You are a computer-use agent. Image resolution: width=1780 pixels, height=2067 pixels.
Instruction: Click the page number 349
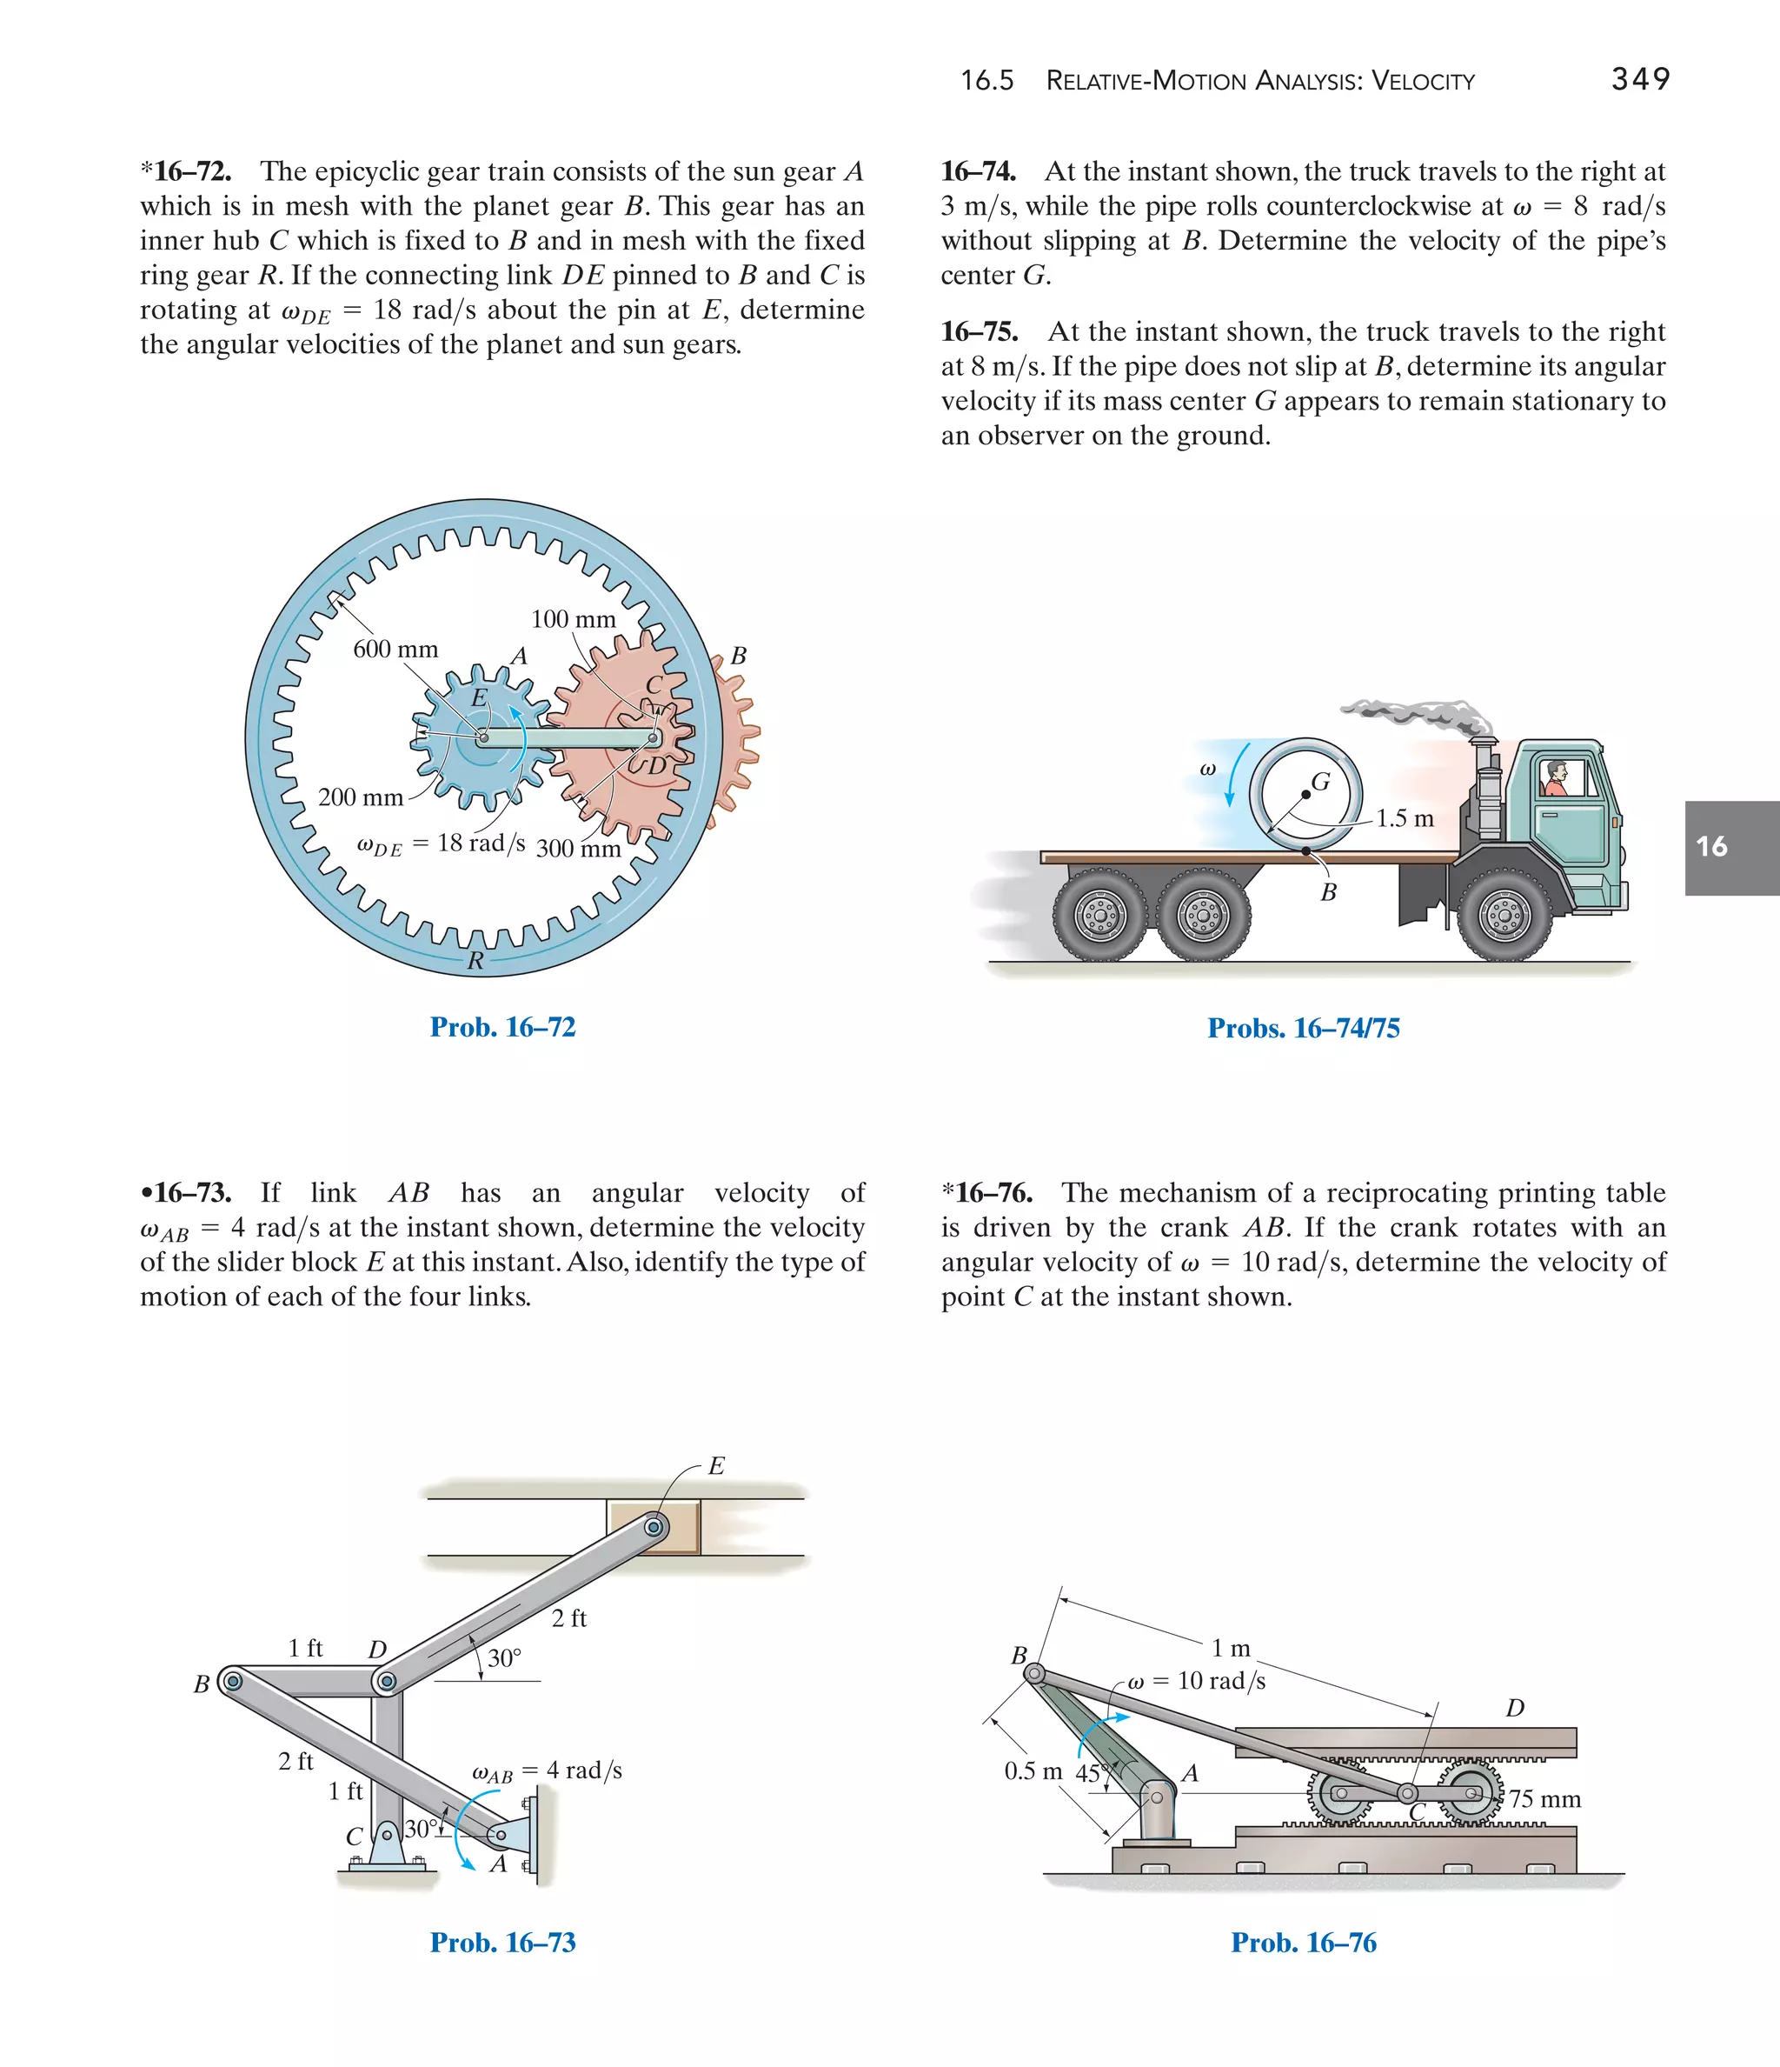tap(1640, 79)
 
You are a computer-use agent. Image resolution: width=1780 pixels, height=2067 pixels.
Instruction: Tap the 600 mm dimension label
tap(395, 650)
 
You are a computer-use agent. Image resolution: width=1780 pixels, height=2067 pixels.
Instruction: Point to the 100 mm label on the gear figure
tap(573, 619)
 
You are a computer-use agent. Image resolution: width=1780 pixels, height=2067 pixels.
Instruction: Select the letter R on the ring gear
tap(475, 961)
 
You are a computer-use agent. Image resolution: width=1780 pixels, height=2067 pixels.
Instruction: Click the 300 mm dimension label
tap(577, 849)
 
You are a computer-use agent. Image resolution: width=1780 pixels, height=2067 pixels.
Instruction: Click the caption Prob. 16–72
tap(502, 1028)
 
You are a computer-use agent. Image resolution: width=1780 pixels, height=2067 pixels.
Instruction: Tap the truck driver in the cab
tap(1555, 777)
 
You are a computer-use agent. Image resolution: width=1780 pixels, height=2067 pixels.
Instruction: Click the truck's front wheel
tap(1504, 914)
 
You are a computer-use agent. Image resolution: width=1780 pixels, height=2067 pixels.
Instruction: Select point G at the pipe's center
tap(1305, 794)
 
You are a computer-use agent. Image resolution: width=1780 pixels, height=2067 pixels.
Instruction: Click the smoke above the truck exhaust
tap(1416, 713)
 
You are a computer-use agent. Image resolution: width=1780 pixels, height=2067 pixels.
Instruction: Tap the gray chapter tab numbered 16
tap(1730, 847)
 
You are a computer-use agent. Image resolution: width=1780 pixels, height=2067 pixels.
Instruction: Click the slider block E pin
tap(654, 1527)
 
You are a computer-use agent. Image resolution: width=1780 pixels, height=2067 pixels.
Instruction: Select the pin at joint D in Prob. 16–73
tap(387, 1682)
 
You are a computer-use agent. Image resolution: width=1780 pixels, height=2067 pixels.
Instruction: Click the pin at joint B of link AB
tap(232, 1681)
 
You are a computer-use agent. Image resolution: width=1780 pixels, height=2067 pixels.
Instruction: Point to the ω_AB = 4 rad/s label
tap(547, 1770)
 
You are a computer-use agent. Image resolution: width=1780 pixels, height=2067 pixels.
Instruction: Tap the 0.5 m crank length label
tap(1033, 1771)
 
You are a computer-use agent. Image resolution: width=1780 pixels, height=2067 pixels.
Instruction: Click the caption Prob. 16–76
tap(1304, 1943)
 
